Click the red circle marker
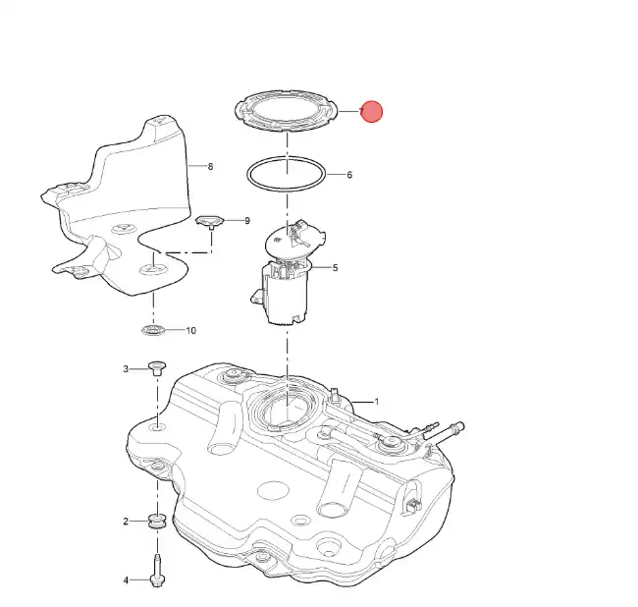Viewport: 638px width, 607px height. pos(371,111)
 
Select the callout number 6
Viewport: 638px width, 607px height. pos(349,175)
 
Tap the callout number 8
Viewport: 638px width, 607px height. pos(210,166)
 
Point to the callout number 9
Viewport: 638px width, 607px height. pos(247,221)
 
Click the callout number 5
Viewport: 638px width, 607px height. pos(336,267)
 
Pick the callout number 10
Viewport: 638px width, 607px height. pos(190,331)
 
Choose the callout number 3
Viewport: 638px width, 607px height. pos(126,369)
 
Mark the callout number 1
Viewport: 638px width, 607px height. pos(377,402)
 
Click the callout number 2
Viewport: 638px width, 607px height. pos(126,522)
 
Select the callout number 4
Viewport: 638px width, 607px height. pos(126,580)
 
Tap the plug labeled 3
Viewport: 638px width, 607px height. pos(157,367)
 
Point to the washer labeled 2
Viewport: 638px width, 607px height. pos(157,521)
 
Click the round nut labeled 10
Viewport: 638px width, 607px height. pos(153,330)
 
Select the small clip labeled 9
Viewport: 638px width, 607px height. pos(210,222)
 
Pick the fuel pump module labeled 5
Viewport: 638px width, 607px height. pos(287,273)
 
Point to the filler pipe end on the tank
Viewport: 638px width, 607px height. pos(455,427)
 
